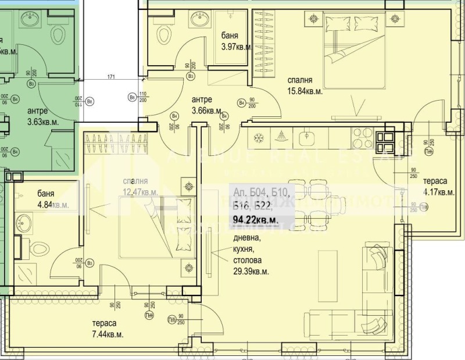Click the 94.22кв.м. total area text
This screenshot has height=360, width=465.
tap(255, 220)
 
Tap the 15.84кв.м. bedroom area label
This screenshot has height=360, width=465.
tap(304, 91)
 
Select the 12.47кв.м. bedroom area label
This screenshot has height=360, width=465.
tap(139, 191)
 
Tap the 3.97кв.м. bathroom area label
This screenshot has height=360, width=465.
tap(236, 47)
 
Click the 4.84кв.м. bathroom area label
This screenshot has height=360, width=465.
tap(52, 205)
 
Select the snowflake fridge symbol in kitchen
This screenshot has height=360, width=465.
tap(259, 138)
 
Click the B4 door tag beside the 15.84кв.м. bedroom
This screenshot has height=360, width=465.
tap(241, 103)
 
